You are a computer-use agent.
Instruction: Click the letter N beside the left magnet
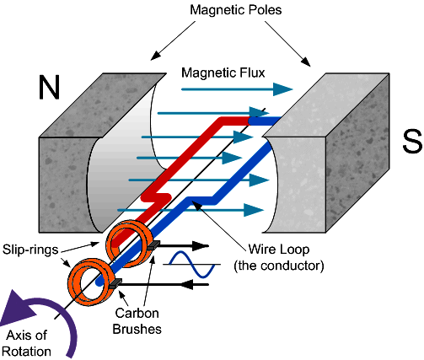[50, 88]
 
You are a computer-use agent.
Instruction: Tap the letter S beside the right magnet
[412, 142]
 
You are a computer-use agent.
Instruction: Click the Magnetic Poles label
[236, 10]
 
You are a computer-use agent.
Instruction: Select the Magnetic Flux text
[223, 73]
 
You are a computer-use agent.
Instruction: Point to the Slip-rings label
[30, 250]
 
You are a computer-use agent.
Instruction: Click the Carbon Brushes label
[137, 321]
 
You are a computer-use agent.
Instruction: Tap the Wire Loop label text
[279, 250]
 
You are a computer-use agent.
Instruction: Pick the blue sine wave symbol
[192, 265]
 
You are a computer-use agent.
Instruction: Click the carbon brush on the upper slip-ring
[154, 245]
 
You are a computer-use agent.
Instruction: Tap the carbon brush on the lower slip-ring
[115, 283]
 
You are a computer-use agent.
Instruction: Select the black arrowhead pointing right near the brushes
[201, 245]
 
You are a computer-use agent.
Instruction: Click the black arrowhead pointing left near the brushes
[186, 284]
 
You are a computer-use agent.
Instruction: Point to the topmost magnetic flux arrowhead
[282, 89]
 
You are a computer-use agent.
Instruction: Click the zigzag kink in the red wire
[156, 197]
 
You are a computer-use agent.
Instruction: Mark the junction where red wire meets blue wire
[250, 121]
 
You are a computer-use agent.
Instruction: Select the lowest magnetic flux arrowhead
[254, 210]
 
